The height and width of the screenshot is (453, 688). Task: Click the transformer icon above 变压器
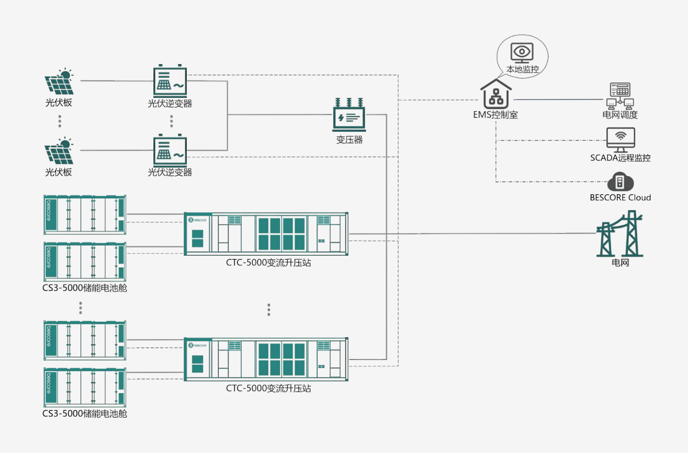click(x=349, y=115)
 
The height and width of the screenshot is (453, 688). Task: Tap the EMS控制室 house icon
click(x=496, y=94)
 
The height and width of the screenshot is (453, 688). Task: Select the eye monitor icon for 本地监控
click(x=522, y=53)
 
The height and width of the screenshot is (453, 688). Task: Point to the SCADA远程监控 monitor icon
click(x=621, y=140)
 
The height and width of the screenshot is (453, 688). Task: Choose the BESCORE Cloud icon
click(x=620, y=182)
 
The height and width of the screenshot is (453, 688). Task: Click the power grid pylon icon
click(x=619, y=233)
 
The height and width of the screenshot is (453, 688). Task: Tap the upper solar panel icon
click(x=60, y=81)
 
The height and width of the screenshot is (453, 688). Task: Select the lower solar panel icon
click(x=60, y=151)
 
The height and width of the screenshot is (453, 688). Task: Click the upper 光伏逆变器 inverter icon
click(x=170, y=80)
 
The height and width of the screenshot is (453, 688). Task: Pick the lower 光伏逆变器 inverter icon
click(x=170, y=150)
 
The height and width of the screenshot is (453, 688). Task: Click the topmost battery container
click(x=85, y=214)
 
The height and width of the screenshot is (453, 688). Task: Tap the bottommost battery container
click(x=85, y=387)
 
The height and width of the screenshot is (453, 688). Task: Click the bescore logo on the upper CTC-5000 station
click(x=197, y=220)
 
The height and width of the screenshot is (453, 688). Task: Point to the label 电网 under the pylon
click(x=620, y=262)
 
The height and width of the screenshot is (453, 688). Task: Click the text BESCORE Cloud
click(x=620, y=197)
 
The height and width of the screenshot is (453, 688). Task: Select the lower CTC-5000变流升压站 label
click(x=268, y=388)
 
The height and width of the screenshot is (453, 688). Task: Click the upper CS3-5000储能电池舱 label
click(x=85, y=288)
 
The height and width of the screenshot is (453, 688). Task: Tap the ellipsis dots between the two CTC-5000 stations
click(x=269, y=310)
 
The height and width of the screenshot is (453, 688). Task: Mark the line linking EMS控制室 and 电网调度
click(x=558, y=99)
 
